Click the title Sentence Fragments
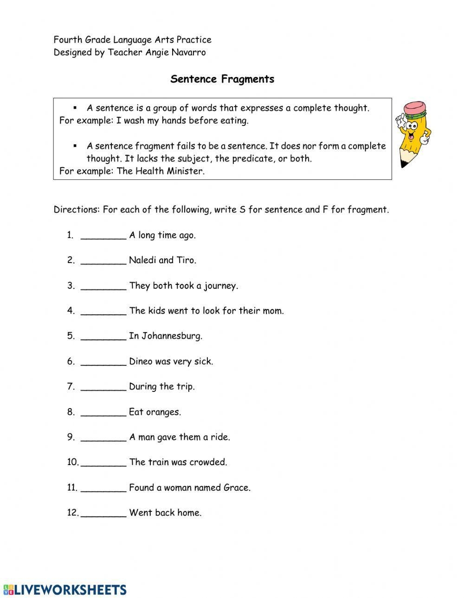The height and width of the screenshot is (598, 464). coord(222,79)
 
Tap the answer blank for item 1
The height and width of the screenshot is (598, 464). coord(103,235)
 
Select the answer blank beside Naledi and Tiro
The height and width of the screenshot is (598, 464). coord(103,261)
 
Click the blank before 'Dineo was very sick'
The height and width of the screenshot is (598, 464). coord(103,362)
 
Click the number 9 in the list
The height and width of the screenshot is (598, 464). coord(70,437)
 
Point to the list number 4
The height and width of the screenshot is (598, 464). coord(70,311)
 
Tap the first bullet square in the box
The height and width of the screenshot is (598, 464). coord(75,108)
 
